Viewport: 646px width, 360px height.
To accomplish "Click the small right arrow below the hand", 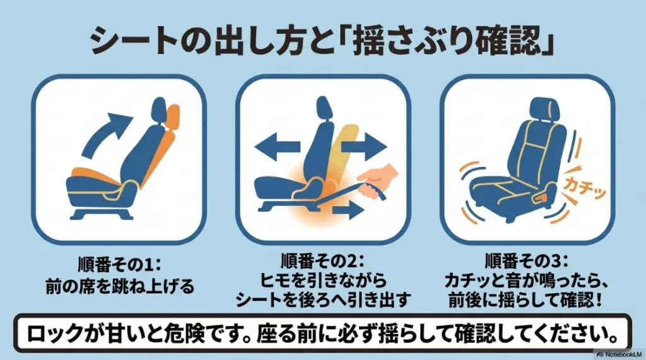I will pos(347,210).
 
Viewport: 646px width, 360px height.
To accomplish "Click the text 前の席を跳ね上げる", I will pos(119,286).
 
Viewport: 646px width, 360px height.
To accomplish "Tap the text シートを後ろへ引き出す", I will pos(323,301).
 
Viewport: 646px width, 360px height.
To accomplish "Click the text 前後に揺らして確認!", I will pos(526,301).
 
